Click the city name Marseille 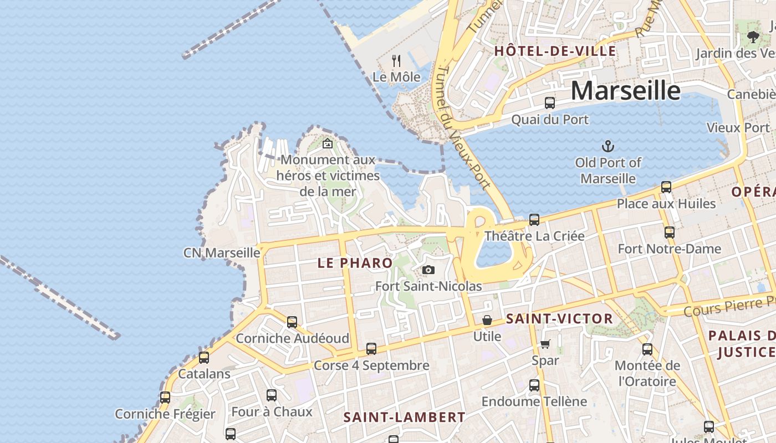coord(625,90)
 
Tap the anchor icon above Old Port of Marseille coord(608,147)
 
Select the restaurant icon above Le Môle coord(396,60)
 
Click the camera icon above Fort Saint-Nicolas coord(428,270)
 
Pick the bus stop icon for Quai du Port coord(549,103)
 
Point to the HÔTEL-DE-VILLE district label coord(555,51)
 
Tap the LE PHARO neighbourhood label coord(355,263)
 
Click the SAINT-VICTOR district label coord(559,319)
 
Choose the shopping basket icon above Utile coord(487,320)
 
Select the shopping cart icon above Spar coord(545,344)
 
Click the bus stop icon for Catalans coord(204,358)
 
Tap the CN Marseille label coord(222,253)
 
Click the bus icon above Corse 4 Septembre coord(371,349)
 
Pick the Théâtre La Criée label coord(534,236)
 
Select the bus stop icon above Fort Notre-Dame coord(670,233)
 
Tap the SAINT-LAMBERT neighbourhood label coord(404,417)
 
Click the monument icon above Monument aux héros coord(328,143)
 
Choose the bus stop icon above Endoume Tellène coord(534,385)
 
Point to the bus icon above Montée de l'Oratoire coord(647,349)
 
